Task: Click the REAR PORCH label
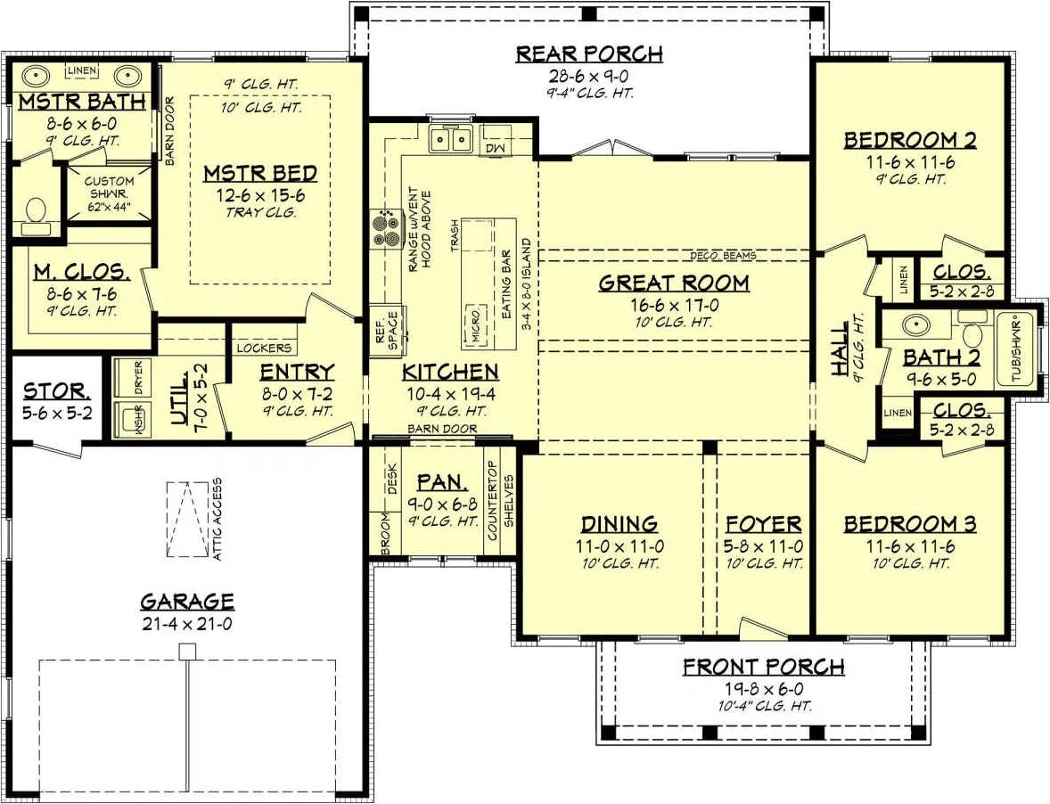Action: click(589, 53)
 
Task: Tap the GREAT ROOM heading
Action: click(674, 283)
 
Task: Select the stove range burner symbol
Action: click(383, 229)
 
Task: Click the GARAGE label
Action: click(187, 601)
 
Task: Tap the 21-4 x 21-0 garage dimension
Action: click(187, 624)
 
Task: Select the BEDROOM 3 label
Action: click(909, 523)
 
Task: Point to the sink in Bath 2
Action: click(913, 325)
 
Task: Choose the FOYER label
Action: click(763, 523)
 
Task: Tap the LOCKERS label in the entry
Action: click(264, 349)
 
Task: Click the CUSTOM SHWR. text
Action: click(109, 187)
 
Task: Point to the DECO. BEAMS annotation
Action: click(723, 255)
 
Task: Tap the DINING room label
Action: click(619, 523)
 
